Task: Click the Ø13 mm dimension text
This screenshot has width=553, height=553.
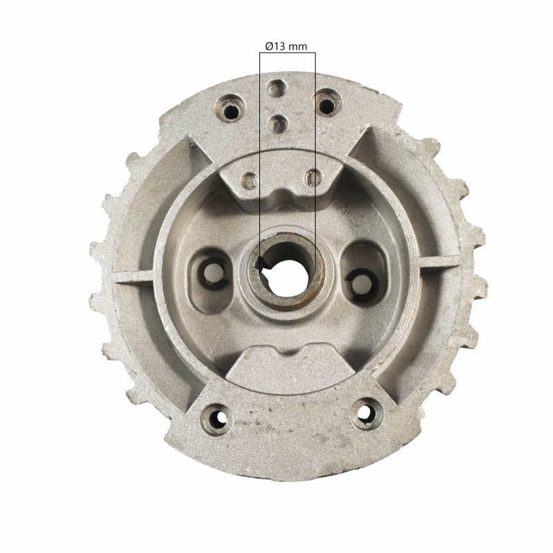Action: point(286,46)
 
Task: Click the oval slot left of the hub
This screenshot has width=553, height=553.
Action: point(212,272)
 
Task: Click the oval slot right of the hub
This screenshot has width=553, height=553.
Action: point(360,278)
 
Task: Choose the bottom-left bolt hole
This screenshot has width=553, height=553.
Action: point(212,417)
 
